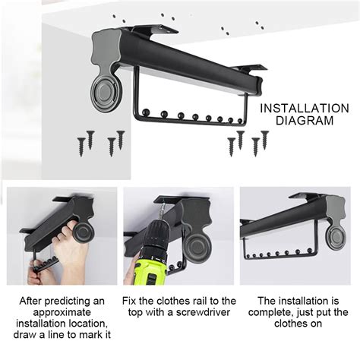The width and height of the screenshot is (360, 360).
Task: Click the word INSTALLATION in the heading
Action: [x=305, y=109]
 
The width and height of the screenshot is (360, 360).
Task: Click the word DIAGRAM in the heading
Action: [x=305, y=121]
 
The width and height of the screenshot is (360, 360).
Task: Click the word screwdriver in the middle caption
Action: [x=203, y=312]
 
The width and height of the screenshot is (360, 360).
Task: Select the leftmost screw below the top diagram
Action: [x=81, y=147]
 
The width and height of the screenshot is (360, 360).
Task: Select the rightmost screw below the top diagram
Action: [x=264, y=140]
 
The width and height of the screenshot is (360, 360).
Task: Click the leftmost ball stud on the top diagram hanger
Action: [x=146, y=112]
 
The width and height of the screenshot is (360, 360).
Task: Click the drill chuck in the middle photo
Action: [x=160, y=215]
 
